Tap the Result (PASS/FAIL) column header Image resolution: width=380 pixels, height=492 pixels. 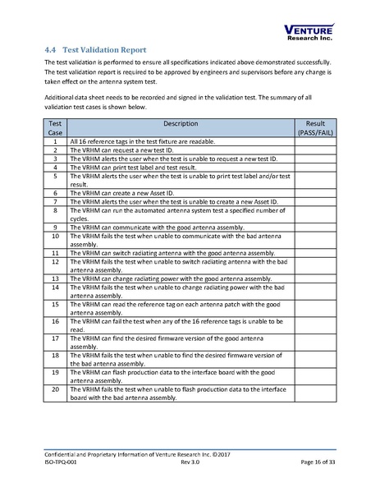tap(315, 127)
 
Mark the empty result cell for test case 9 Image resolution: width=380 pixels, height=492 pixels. tap(315, 226)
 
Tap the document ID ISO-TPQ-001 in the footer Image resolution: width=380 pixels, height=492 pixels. tap(63, 463)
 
